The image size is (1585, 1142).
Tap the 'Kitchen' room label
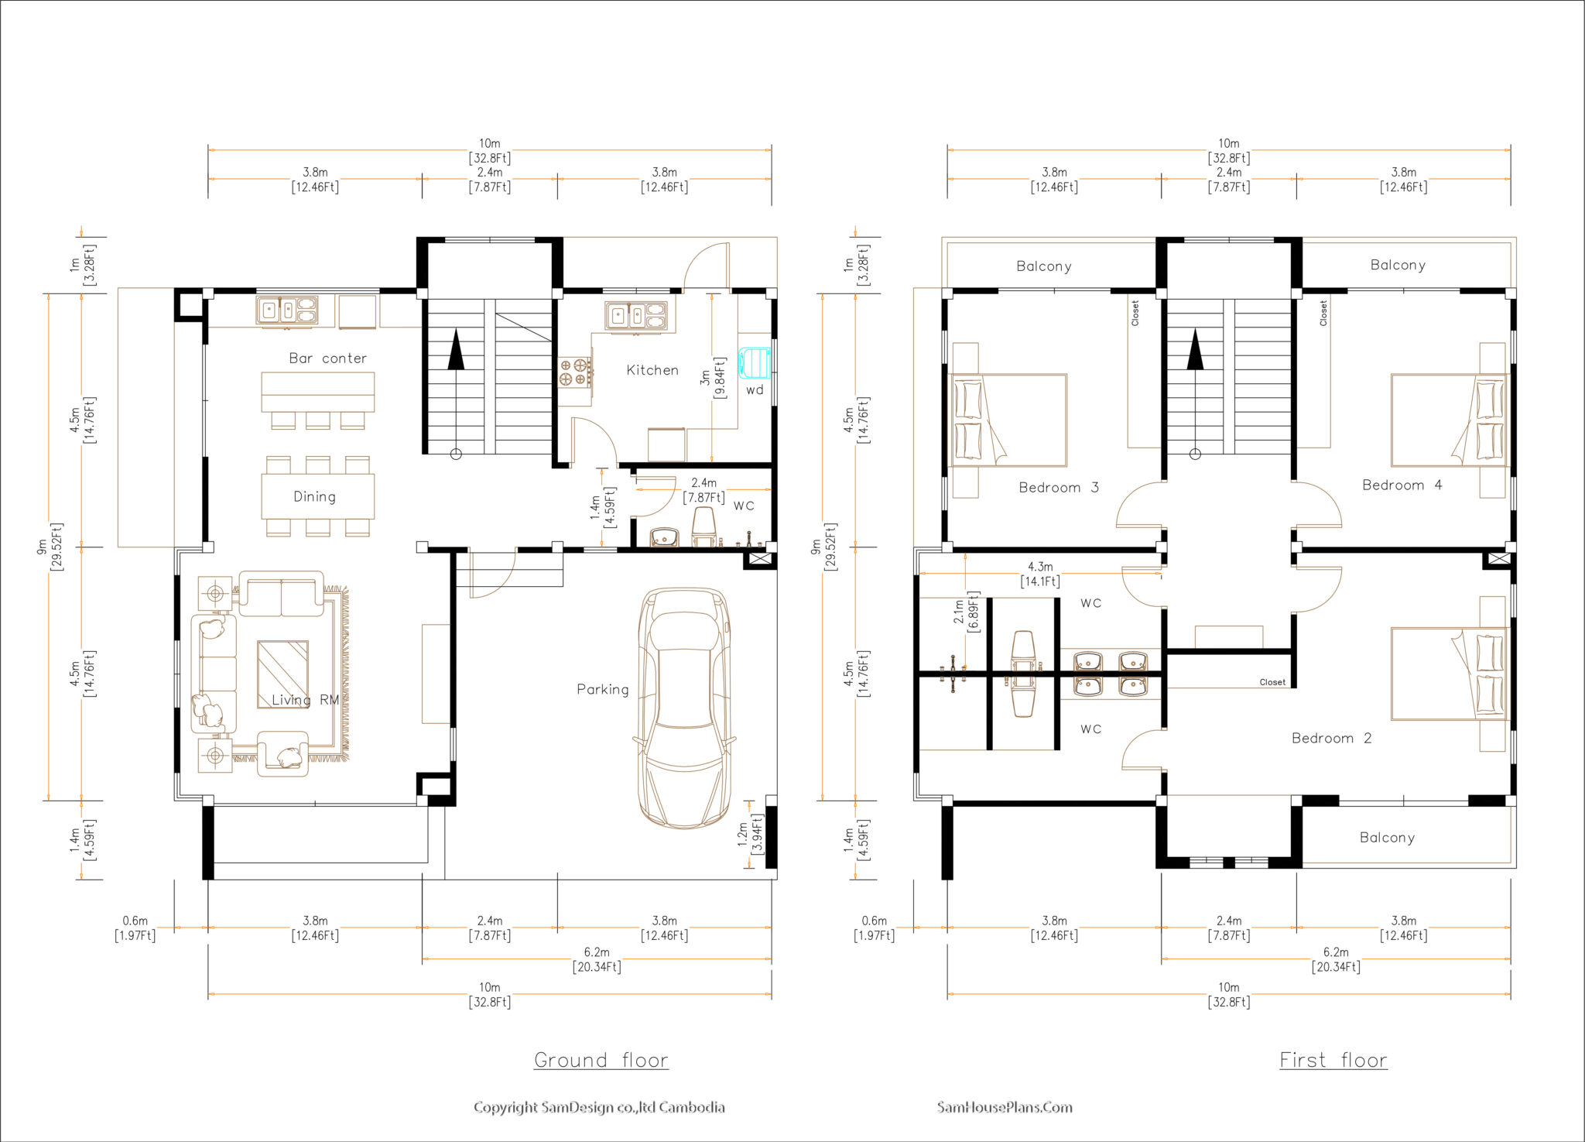pyautogui.click(x=652, y=370)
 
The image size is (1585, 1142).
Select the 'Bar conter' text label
pyautogui.click(x=327, y=358)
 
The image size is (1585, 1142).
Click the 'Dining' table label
pyautogui.click(x=314, y=496)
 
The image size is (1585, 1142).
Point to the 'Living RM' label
pyautogui.click(x=305, y=700)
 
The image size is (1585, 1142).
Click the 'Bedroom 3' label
pyautogui.click(x=1058, y=487)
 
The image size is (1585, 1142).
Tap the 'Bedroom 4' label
pyautogui.click(x=1402, y=485)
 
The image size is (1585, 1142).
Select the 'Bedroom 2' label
pyautogui.click(x=1331, y=738)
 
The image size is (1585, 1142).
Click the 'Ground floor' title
pyautogui.click(x=601, y=1060)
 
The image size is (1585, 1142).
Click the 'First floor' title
pyautogui.click(x=1333, y=1060)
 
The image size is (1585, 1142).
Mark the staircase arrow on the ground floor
pyautogui.click(x=457, y=351)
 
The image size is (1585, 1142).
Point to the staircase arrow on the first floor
pyautogui.click(x=1196, y=351)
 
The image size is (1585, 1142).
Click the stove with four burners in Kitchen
pyautogui.click(x=575, y=372)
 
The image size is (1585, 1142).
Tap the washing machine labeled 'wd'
pyautogui.click(x=755, y=363)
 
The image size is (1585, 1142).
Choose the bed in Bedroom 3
pyautogui.click(x=1008, y=420)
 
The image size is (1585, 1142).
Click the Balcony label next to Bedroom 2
pyautogui.click(x=1387, y=837)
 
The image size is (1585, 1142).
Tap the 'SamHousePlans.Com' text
pyautogui.click(x=1004, y=1107)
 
